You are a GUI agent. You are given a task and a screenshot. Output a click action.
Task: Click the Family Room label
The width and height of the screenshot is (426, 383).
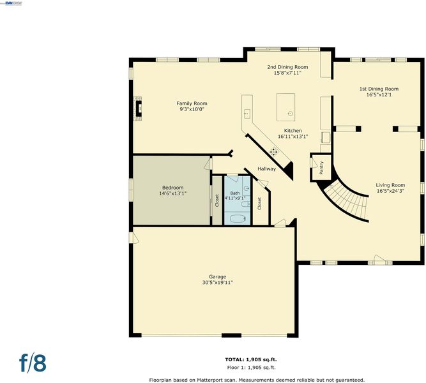click(192, 103)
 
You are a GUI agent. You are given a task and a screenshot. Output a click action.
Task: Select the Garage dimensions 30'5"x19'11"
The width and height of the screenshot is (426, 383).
click(217, 283)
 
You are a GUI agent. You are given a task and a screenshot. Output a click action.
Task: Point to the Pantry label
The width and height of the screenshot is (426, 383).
click(321, 168)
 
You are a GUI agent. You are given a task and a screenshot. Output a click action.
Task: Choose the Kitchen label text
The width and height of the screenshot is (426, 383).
click(293, 131)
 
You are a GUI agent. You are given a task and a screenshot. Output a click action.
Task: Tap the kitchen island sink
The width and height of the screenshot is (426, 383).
click(291, 114)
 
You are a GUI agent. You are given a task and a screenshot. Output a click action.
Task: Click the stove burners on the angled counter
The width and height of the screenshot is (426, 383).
click(274, 152)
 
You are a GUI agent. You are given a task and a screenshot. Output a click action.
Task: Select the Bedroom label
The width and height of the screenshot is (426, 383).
click(173, 188)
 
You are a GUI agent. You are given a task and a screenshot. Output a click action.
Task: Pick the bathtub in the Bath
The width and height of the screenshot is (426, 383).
click(238, 218)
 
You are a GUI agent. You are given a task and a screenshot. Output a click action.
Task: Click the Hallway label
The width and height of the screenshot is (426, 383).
click(266, 169)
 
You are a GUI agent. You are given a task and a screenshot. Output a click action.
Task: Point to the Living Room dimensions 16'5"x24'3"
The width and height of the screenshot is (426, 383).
click(390, 191)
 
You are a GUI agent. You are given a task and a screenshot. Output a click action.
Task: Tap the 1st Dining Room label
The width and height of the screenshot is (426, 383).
click(379, 89)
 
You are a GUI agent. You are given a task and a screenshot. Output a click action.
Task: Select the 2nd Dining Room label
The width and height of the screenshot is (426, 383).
click(287, 67)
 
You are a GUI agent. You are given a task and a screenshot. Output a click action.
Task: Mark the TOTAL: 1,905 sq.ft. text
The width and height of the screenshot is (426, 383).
click(251, 359)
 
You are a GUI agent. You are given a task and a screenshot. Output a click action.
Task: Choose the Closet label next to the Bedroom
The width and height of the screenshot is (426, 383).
click(217, 200)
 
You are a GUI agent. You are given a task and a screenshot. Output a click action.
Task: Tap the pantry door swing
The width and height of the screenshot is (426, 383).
click(314, 162)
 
